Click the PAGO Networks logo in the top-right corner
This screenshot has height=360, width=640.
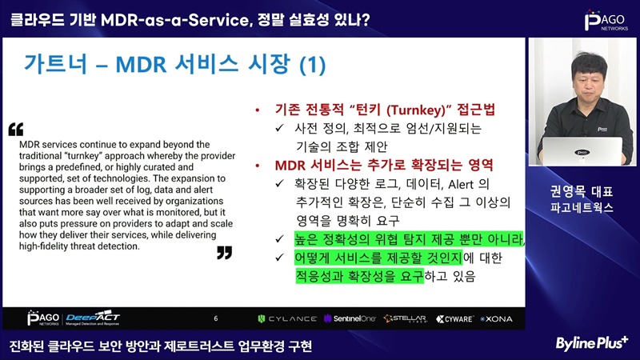606,20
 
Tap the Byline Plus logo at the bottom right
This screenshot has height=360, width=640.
591,343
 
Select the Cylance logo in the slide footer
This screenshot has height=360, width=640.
287,318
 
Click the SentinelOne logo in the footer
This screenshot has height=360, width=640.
350,318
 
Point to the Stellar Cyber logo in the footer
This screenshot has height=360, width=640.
406,318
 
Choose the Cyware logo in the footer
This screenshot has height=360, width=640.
454,318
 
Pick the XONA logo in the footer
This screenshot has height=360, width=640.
496,318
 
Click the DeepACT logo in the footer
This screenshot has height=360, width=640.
93,318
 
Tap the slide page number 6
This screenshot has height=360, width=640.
216,318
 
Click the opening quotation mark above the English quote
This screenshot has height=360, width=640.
16,130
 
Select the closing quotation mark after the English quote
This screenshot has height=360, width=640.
225,253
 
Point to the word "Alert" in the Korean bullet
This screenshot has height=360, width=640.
461,185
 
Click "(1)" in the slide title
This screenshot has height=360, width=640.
313,65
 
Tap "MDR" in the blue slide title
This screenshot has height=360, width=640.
141,65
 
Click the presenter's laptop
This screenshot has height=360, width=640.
582,151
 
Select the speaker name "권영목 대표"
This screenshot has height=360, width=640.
582,191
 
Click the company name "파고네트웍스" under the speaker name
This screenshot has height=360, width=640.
582,208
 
